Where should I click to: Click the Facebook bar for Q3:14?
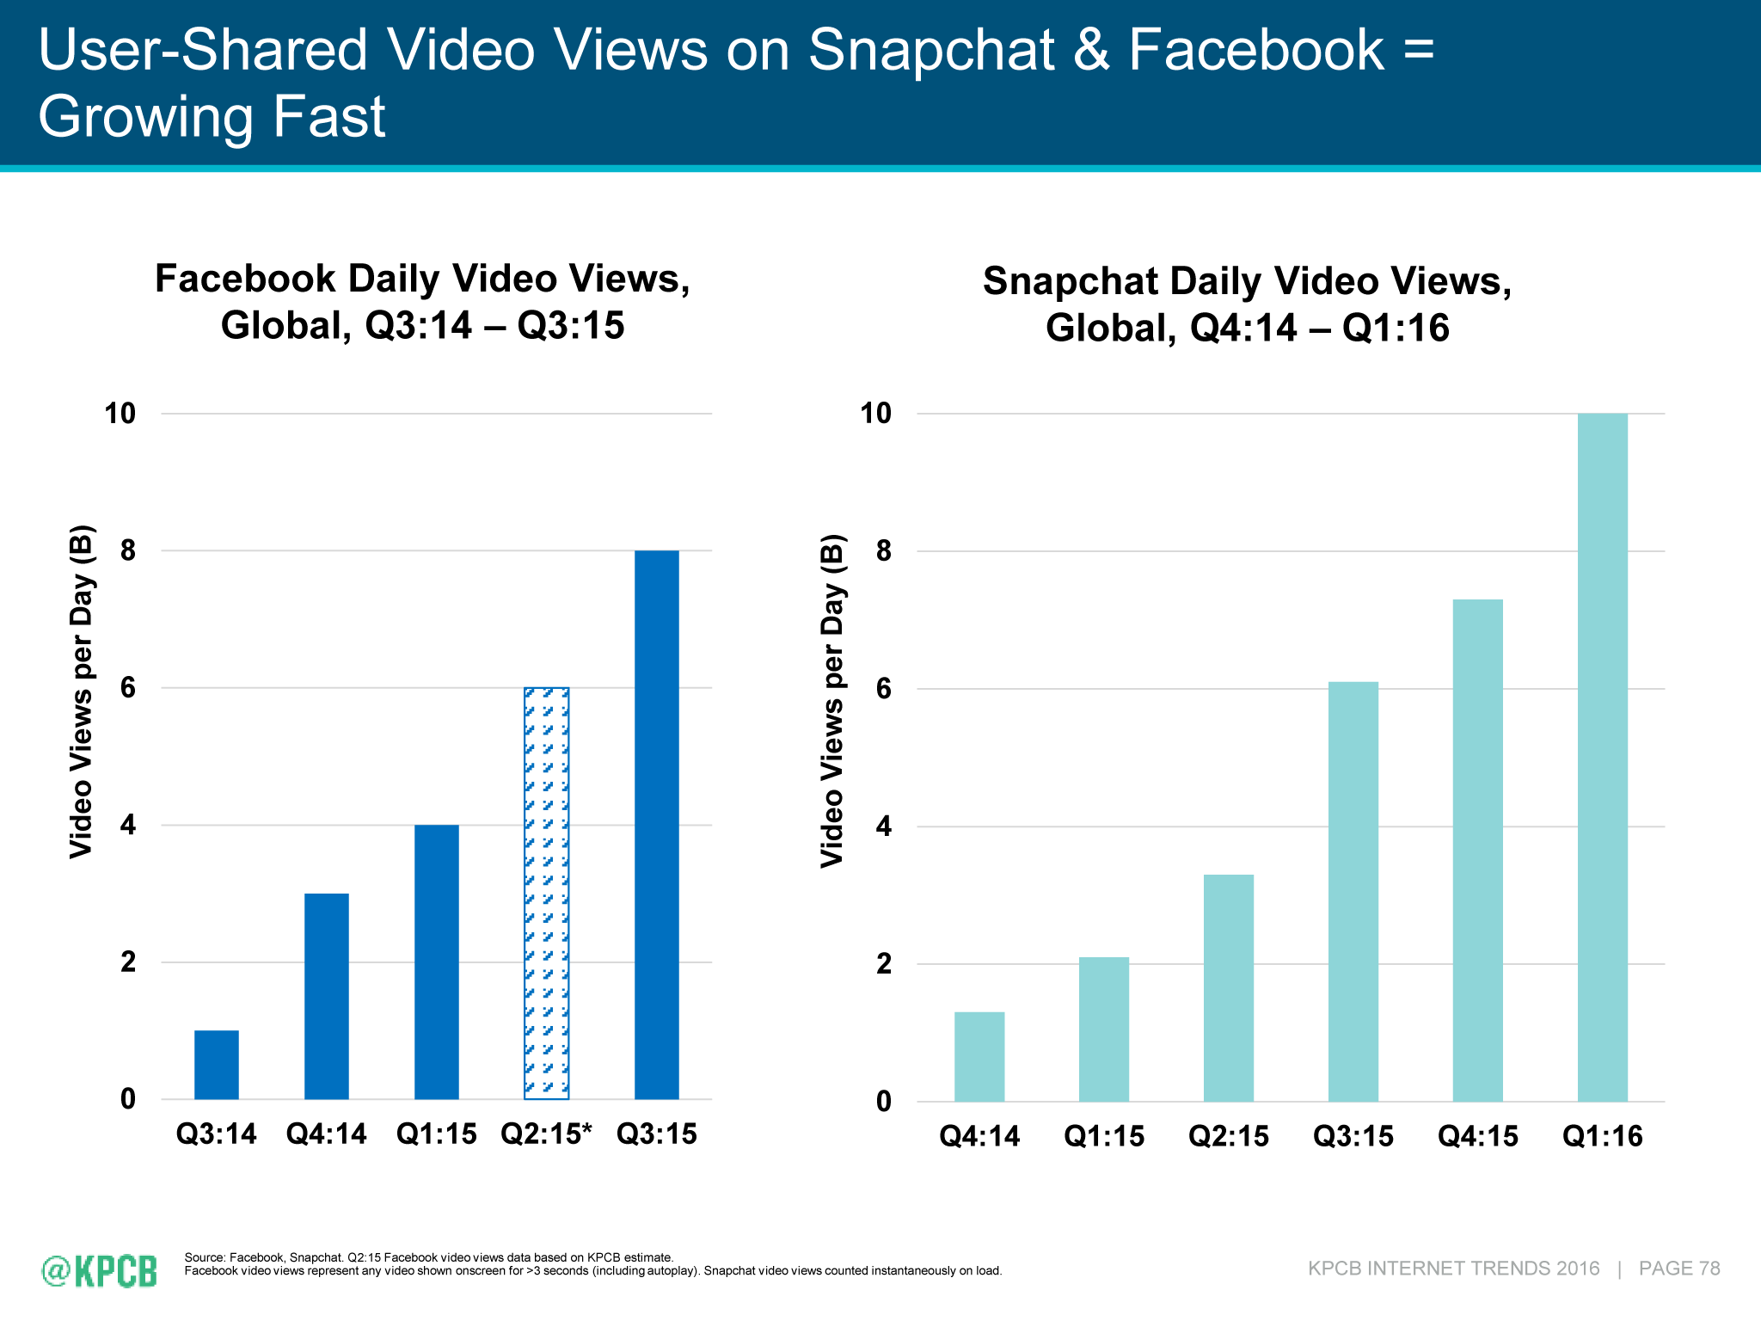[217, 1065]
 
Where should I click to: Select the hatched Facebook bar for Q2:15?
[547, 894]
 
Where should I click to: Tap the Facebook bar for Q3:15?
[657, 825]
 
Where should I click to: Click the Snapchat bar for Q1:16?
[1603, 757]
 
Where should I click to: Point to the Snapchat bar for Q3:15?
[1353, 891]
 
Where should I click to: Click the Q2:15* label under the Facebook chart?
[547, 1134]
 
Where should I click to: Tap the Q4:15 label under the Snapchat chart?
[1478, 1137]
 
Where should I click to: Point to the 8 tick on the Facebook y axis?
[128, 550]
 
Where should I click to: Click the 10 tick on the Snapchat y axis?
[876, 414]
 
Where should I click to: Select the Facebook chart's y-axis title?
[81, 691]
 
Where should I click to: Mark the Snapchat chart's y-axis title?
[832, 701]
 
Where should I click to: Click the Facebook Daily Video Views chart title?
[422, 302]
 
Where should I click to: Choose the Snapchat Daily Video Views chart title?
[1247, 304]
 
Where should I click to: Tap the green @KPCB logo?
[100, 1270]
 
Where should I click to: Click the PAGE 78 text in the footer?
[1679, 1269]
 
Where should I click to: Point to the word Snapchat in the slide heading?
[930, 50]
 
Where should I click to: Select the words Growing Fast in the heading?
[212, 117]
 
